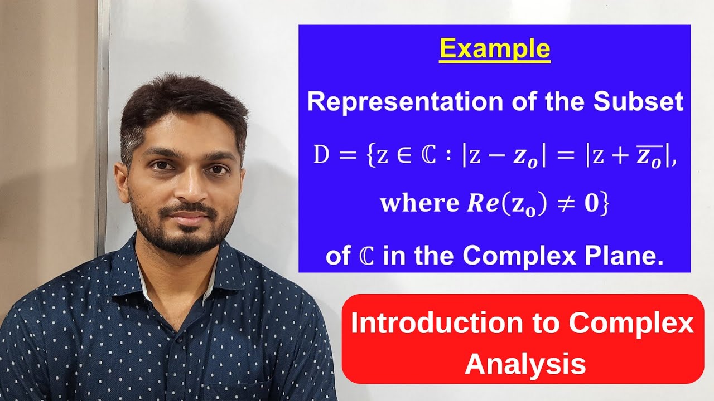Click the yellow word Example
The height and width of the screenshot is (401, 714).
[x=495, y=49]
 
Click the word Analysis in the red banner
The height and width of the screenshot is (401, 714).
[x=525, y=364]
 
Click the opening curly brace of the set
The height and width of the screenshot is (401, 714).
[x=365, y=155]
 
